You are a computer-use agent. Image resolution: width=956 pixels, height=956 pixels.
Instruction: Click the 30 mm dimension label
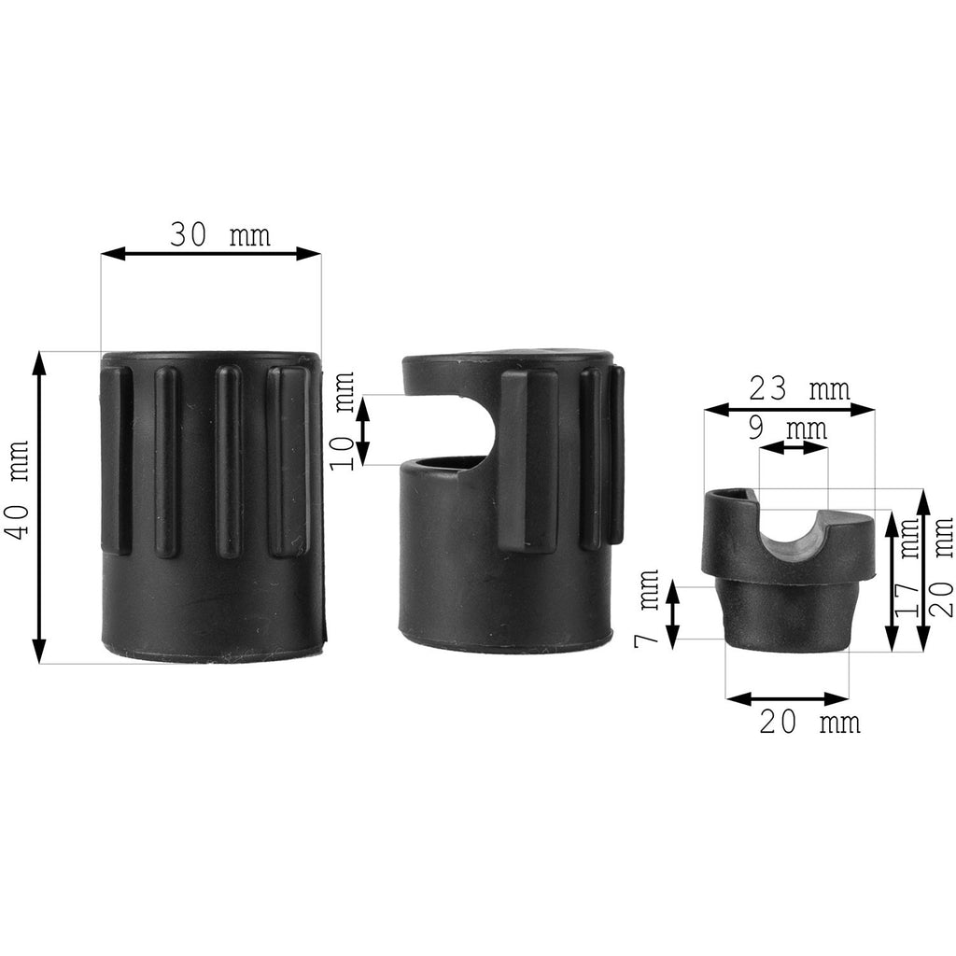pos(219,234)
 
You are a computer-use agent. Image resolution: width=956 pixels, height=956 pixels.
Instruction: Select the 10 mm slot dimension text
pos(343,421)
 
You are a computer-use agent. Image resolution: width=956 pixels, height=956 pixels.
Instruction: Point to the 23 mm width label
pos(799,388)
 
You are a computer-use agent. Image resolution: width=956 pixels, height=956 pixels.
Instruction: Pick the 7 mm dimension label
pos(647,608)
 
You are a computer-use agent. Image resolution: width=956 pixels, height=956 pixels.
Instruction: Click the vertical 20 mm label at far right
pos(941,567)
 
